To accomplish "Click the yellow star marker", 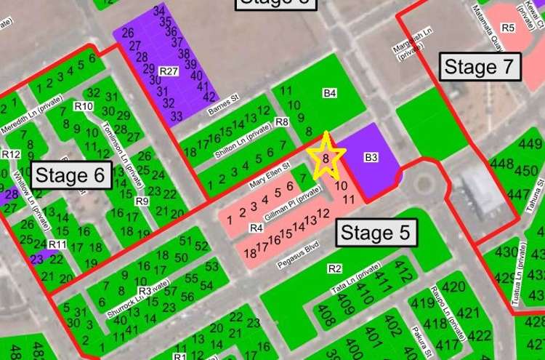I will click(x=326, y=158).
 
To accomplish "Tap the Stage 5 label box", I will click(x=376, y=233).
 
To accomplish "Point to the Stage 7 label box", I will click(x=480, y=67).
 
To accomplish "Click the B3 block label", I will click(x=371, y=156).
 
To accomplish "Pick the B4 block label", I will click(x=330, y=93).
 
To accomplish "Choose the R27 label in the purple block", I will click(x=169, y=71).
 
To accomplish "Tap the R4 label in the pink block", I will click(x=256, y=228).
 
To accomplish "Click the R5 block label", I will click(x=508, y=28).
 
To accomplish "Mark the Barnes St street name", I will click(x=223, y=105).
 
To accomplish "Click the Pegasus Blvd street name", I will click(x=299, y=260).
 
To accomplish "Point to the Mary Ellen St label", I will click(x=271, y=173).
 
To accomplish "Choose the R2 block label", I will click(x=334, y=269).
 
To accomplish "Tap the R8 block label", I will click(x=282, y=122).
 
